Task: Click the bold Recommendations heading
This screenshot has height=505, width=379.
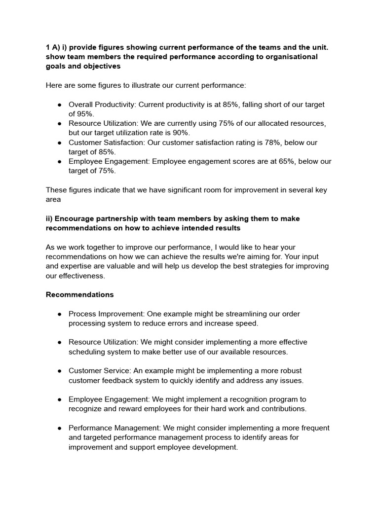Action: click(x=79, y=294)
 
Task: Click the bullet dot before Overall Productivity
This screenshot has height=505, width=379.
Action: click(x=59, y=105)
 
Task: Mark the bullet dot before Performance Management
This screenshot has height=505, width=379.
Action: click(x=59, y=428)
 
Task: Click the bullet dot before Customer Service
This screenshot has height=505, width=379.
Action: click(x=59, y=370)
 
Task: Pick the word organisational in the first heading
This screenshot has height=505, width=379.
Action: click(x=262, y=57)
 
